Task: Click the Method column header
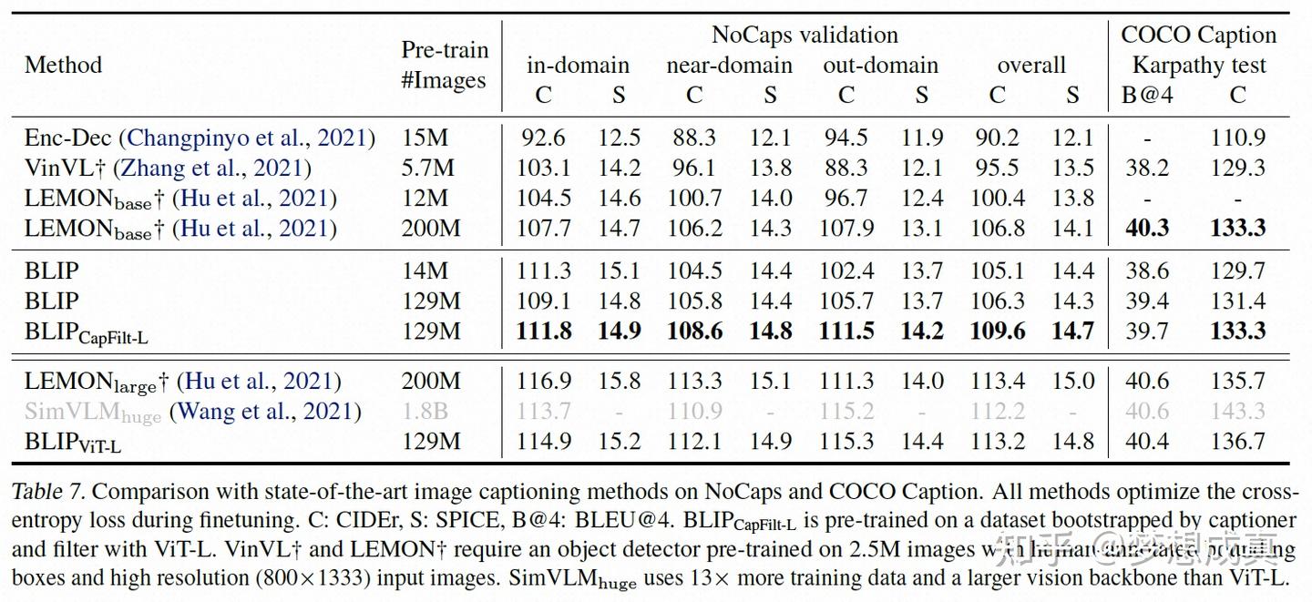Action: pyautogui.click(x=63, y=66)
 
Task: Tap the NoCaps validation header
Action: pyautogui.click(x=805, y=35)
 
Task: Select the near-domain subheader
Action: pyautogui.click(x=729, y=66)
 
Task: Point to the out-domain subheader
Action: pyautogui.click(x=880, y=66)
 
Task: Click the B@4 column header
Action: pyautogui.click(x=1147, y=95)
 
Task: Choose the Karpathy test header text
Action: pyautogui.click(x=1199, y=66)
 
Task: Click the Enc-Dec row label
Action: pyautogui.click(x=68, y=138)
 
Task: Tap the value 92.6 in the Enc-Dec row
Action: pyautogui.click(x=543, y=138)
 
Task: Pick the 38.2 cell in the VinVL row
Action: pyautogui.click(x=1147, y=168)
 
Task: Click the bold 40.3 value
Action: pyautogui.click(x=1147, y=228)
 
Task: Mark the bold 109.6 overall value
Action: pyautogui.click(x=998, y=331)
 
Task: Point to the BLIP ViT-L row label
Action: pyautogui.click(x=73, y=443)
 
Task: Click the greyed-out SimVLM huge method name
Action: pyautogui.click(x=92, y=413)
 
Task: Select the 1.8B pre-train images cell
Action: pyautogui.click(x=425, y=412)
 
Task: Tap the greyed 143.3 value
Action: pyautogui.click(x=1238, y=412)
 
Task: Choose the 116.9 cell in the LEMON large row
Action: pyautogui.click(x=544, y=382)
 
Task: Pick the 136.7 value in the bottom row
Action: pyautogui.click(x=1238, y=442)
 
